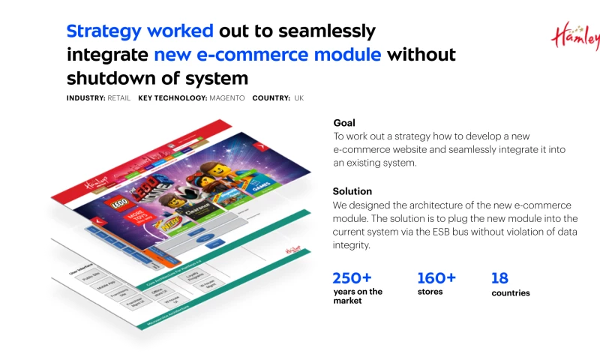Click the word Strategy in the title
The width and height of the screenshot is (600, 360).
(x=103, y=31)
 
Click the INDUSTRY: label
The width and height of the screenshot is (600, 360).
(x=85, y=98)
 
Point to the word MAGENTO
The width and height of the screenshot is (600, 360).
(x=226, y=98)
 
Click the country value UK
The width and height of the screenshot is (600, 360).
(x=298, y=98)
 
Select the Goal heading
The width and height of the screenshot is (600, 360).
(x=344, y=123)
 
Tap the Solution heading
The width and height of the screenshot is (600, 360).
(x=352, y=191)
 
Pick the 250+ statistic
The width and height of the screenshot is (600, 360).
(x=352, y=278)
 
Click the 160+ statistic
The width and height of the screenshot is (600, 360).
(x=436, y=278)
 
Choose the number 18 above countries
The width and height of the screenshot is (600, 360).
(x=499, y=278)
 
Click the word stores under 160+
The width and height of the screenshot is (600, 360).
(x=430, y=292)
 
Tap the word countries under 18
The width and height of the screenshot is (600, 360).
(x=510, y=293)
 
